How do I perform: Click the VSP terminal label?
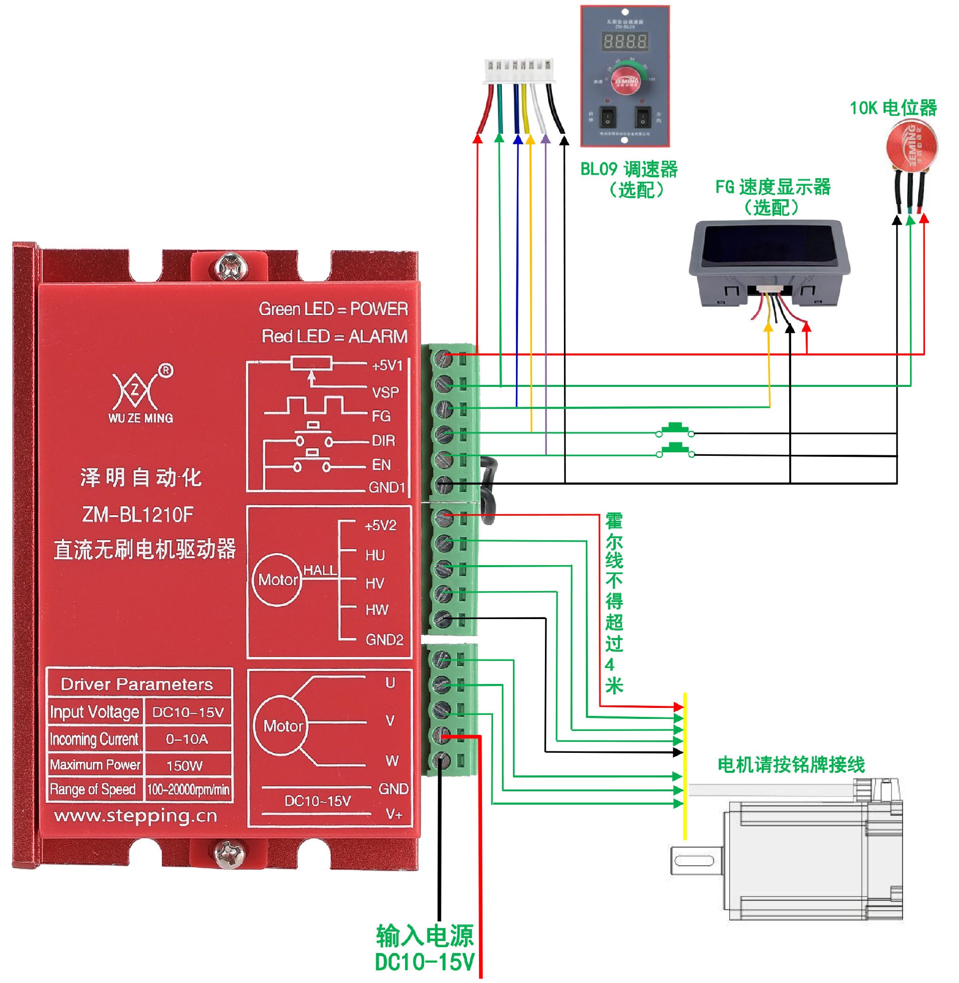pos(385,392)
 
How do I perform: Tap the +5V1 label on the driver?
pos(387,365)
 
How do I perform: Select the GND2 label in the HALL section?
pos(384,640)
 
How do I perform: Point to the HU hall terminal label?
pos(375,555)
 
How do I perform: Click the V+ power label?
pos(394,814)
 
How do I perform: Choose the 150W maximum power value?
pos(184,765)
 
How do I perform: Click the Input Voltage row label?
pos(95,712)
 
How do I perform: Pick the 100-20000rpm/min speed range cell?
pos(188,789)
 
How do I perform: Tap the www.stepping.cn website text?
pos(136,816)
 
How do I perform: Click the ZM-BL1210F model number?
pos(137,514)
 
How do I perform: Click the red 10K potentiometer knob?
pos(912,145)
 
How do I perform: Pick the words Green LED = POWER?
pos(334,309)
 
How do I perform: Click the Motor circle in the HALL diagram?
pos(278,580)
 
